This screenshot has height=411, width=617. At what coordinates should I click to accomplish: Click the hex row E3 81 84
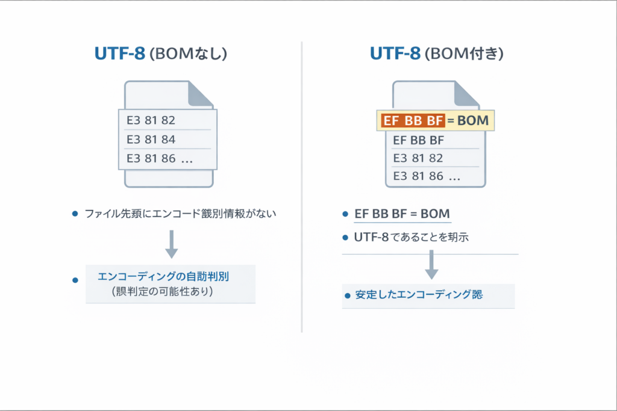pyautogui.click(x=150, y=140)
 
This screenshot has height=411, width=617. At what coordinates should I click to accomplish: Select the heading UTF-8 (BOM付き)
pyautogui.click(x=437, y=54)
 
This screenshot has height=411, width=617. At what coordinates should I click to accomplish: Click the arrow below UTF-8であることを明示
pyautogui.click(x=431, y=265)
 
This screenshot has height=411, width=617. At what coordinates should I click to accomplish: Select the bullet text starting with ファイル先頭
pyautogui.click(x=180, y=214)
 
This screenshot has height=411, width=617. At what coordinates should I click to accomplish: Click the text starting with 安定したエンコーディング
pyautogui.click(x=419, y=295)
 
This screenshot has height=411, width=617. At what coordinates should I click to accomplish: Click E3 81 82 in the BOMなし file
pyautogui.click(x=150, y=120)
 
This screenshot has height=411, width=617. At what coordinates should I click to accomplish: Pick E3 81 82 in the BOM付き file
pyautogui.click(x=418, y=158)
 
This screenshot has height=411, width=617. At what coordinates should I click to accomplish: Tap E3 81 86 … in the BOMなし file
pyautogui.click(x=159, y=159)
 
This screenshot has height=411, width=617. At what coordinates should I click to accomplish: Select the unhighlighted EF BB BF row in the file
pyautogui.click(x=418, y=141)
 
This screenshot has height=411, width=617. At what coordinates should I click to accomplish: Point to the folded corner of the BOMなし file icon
pyautogui.click(x=201, y=94)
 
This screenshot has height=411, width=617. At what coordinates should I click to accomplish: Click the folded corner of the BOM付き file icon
pyautogui.click(x=469, y=94)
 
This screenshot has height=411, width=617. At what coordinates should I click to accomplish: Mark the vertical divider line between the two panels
pyautogui.click(x=302, y=187)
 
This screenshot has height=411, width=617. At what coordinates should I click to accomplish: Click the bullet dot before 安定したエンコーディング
pyautogui.click(x=347, y=296)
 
